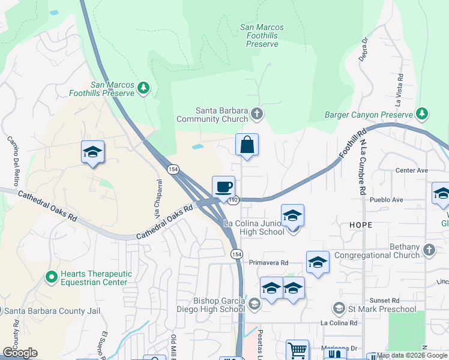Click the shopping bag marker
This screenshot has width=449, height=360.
pos(247,145)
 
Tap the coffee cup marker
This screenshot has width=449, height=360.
pos(223,187)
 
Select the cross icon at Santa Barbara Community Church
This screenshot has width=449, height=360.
pos(257,113)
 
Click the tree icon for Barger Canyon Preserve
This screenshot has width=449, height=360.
pos(422,113)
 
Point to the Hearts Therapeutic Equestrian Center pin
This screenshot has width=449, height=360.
pos(52,277)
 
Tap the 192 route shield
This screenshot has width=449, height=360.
pos(234,200)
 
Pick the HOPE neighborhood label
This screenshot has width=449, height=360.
pos(360,225)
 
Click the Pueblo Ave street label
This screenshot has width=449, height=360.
pos(386,199)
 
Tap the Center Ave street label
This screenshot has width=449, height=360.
pos(411,170)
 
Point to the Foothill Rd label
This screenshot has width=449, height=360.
pos(352,145)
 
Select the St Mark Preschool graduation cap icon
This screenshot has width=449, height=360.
pos(339,308)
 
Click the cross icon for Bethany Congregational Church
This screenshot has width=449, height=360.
pos(429,250)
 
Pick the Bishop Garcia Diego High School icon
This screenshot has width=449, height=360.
pos(255,305)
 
